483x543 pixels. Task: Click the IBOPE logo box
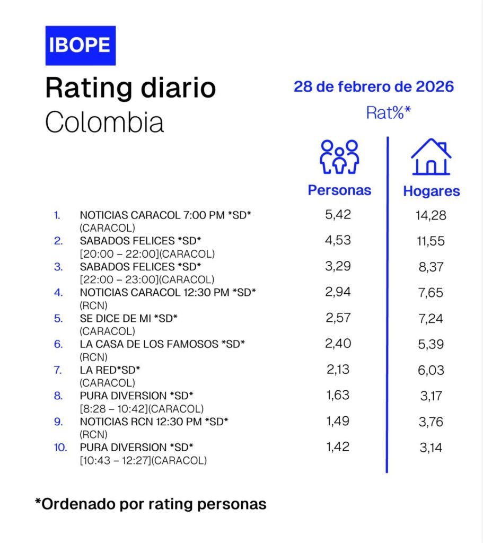tap(80, 45)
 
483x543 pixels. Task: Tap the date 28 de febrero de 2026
tap(374, 86)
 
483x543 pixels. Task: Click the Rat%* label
tap(389, 112)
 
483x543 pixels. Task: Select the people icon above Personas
tap(339, 157)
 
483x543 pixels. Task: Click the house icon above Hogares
tap(431, 157)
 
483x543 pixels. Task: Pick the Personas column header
tap(339, 190)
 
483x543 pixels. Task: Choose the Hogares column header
tap(432, 191)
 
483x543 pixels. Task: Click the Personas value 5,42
tap(338, 214)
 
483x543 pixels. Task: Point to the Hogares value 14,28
tap(431, 216)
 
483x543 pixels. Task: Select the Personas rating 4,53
tap(338, 240)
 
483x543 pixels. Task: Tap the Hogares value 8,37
tap(431, 267)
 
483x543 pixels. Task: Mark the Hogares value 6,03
tap(431, 370)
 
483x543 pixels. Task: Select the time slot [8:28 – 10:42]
tap(115, 408)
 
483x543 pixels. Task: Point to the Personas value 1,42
tap(338, 446)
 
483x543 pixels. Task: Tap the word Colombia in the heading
tap(104, 121)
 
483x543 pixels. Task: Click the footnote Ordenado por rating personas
tap(151, 503)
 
